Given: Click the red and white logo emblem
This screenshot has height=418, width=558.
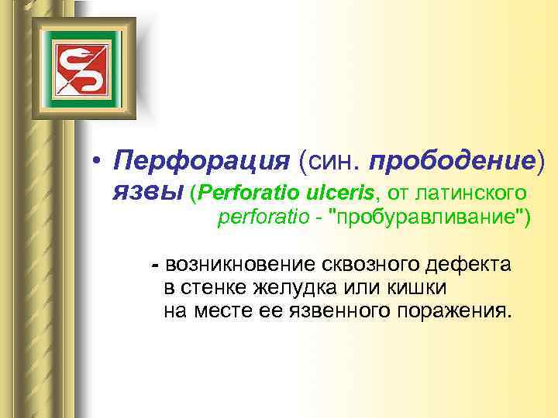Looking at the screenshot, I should point(74,64).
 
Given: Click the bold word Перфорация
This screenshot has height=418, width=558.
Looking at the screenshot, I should point(199,161).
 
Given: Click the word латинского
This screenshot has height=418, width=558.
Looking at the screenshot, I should point(467,190).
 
